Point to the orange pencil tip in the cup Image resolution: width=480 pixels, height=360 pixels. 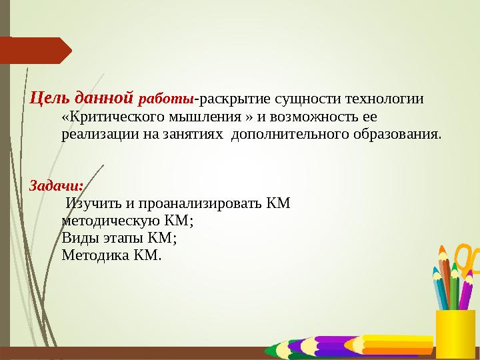[x=441, y=252]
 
